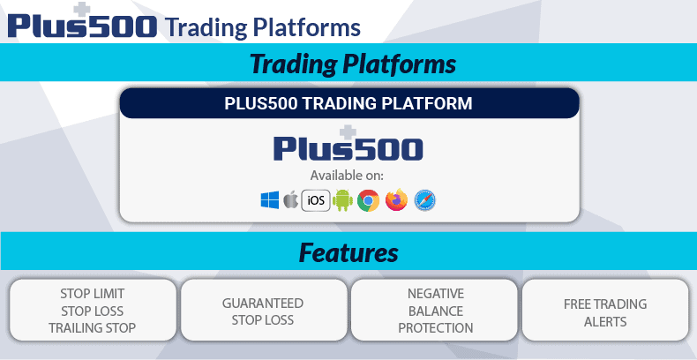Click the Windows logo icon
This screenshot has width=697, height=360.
pos(270,200)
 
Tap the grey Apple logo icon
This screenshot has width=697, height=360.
pos(291,200)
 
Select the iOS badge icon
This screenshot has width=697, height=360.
pos(316,200)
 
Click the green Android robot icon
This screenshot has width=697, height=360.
pos(342,200)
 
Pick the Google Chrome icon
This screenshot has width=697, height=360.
pos(368,200)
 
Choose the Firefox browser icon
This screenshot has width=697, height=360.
pos(396,200)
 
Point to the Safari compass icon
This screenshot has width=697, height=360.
pos(425,200)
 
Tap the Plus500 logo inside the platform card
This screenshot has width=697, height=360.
pos(348,144)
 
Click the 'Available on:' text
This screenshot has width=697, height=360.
pos(347,176)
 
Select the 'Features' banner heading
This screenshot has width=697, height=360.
pos(348,252)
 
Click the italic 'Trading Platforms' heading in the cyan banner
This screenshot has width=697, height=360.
pos(353,64)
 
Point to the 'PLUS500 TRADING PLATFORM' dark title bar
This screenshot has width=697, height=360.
pos(349,103)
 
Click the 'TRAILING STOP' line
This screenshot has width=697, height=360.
pos(93,328)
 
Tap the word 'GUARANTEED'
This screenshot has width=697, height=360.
pos(263,304)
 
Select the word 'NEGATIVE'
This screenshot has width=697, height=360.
pos(436,294)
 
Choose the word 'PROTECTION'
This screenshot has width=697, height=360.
pos(436,328)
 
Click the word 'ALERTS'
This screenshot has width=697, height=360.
pos(605,321)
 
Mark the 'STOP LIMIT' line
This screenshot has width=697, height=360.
pos(93,294)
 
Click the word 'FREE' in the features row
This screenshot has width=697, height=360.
pos(577,304)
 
